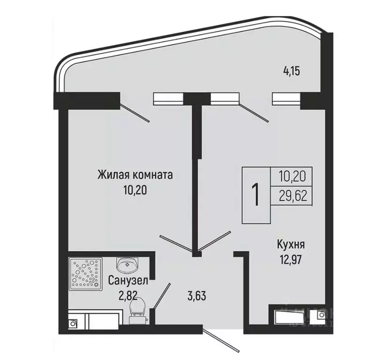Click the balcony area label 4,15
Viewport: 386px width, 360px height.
point(291,71)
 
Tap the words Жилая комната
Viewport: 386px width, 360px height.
point(135,176)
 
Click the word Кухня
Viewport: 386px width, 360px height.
point(291,245)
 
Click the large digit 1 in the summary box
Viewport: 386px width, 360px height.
point(256,194)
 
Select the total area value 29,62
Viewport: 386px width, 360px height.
point(292,196)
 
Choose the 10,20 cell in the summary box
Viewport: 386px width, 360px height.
point(292,176)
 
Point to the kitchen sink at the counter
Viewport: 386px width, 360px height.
point(322,314)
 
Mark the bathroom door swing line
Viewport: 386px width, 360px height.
point(160,296)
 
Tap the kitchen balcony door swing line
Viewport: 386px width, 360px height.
point(253,113)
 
